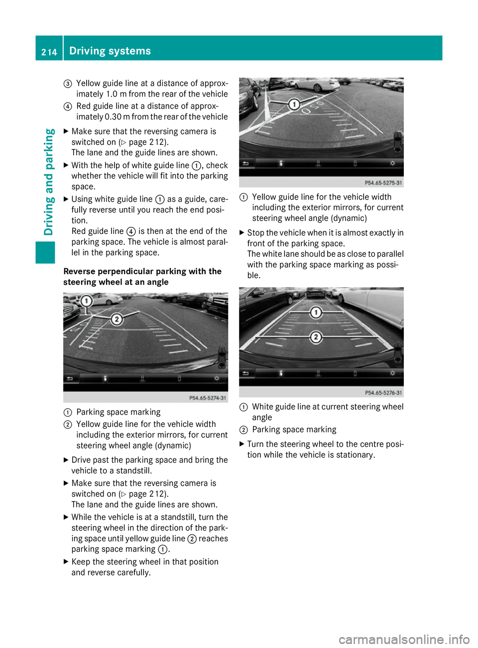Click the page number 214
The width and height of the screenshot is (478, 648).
coord(49,52)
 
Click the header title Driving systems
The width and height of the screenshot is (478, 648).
coord(110,51)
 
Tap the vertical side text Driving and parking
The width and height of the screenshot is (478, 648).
coord(49,182)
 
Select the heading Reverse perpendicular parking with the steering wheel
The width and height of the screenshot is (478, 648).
coord(142,277)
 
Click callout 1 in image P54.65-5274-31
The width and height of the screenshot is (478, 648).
coord(87,301)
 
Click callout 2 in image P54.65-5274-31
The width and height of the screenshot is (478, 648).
coord(117,319)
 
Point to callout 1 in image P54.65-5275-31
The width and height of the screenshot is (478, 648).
coord(294,104)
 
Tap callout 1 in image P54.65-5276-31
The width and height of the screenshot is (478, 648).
coord(316,313)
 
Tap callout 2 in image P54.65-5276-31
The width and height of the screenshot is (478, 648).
coord(316,337)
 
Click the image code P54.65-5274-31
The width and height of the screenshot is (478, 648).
coord(208,398)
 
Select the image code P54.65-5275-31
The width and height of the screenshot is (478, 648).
coord(383,183)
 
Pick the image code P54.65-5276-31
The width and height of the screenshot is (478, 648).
coord(383,393)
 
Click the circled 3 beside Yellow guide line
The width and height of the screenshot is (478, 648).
coord(68,84)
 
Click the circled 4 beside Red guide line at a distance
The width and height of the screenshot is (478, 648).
coord(68,107)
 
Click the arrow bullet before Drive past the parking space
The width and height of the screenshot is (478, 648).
coord(66,460)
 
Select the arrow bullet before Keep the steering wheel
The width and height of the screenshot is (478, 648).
coord(66,561)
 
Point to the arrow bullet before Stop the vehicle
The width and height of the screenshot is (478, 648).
coord(242,232)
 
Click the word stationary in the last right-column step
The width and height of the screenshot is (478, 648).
coord(354,455)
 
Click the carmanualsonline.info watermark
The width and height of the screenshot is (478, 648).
coord(404,639)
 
